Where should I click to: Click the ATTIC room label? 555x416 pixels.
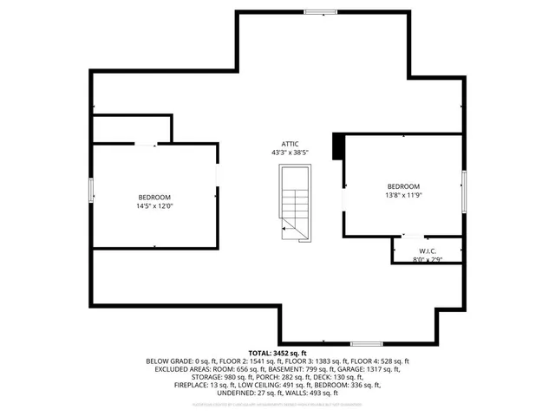(290, 144)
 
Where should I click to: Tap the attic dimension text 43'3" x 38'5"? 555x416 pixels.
(290, 153)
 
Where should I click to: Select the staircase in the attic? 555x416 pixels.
(293, 205)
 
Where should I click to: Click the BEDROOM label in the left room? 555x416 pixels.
(153, 198)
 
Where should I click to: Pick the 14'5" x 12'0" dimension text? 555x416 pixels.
(153, 206)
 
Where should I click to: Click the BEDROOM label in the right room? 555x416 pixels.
(403, 186)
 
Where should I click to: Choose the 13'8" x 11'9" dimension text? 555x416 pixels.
(403, 195)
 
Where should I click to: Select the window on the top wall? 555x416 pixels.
(321, 11)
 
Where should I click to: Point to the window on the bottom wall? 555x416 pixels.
(366, 344)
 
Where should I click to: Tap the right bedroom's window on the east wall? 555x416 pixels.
(464, 191)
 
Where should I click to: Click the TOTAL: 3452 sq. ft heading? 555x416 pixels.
(277, 354)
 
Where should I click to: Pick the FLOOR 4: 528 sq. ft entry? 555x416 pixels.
(379, 361)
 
